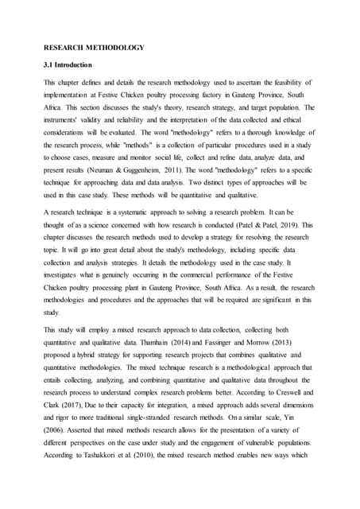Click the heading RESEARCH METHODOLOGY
94,48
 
